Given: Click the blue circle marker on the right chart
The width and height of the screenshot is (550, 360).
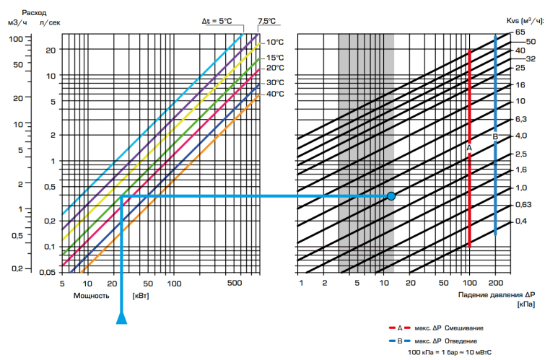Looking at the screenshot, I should click(x=391, y=196).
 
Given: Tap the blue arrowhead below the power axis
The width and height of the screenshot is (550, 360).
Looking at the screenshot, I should click(x=122, y=317).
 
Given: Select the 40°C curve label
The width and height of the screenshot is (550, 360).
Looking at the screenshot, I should click(x=275, y=94).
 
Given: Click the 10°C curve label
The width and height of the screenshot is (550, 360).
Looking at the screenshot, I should click(x=275, y=41).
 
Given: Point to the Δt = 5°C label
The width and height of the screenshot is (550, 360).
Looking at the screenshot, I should click(x=217, y=21).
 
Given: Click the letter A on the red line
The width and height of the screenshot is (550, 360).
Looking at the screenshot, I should click(x=469, y=147).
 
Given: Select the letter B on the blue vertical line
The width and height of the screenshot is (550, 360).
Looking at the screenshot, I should click(x=495, y=136).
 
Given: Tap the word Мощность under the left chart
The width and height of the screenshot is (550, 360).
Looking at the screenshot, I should click(x=91, y=295).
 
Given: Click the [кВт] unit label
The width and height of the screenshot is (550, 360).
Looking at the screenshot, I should click(x=140, y=295).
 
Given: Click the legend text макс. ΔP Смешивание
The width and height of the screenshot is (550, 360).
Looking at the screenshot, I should click(x=453, y=328).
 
